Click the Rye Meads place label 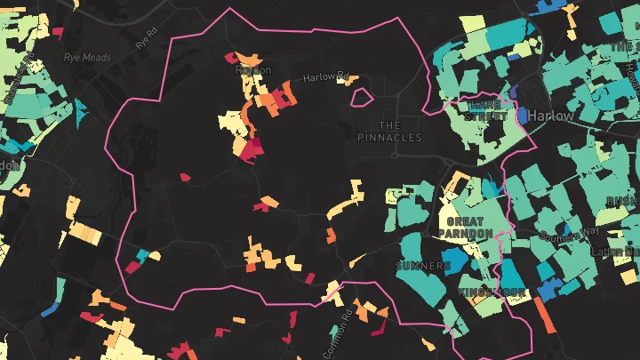pos(86,58)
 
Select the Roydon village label pos(253,70)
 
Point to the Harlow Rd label pos(325,77)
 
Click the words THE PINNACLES pos(389,131)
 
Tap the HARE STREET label pos(488,110)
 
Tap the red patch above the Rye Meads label pos(58,33)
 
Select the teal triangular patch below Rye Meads pos(81,109)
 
